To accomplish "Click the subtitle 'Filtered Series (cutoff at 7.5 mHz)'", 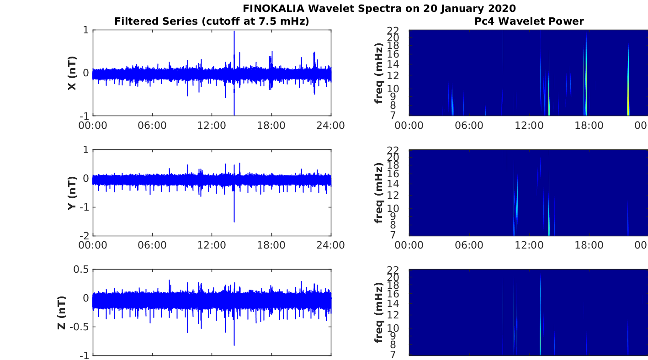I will pyautogui.click(x=212, y=21).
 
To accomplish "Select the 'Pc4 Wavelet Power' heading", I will pyautogui.click(x=529, y=21).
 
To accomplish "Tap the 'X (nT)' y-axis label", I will pyautogui.click(x=72, y=73).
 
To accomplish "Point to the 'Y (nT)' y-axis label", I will pyautogui.click(x=72, y=193).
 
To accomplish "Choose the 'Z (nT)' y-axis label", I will pyautogui.click(x=62, y=312).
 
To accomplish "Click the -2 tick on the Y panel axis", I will pyautogui.click(x=85, y=236).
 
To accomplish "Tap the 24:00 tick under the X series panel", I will pyautogui.click(x=331, y=126).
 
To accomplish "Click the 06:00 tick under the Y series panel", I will pyautogui.click(x=152, y=245).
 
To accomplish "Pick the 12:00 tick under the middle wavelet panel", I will pyautogui.click(x=529, y=245).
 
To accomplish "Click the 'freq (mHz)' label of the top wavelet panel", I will pyautogui.click(x=378, y=73).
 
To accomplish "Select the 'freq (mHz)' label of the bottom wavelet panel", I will pyautogui.click(x=378, y=312).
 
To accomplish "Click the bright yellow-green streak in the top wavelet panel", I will pyautogui.click(x=628, y=109).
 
